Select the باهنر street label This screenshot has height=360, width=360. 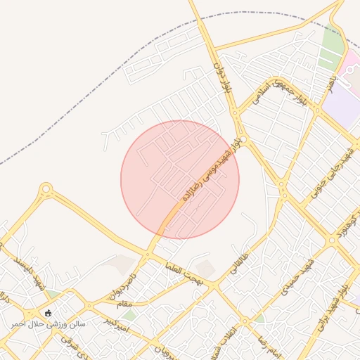329,86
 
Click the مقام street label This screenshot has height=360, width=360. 124,303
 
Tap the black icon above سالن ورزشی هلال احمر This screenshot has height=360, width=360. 48,313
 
